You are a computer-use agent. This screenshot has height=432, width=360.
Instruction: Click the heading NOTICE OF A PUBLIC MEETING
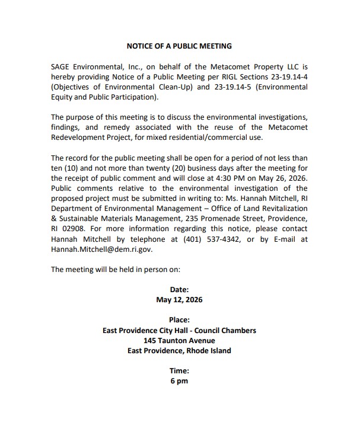coord(179,46)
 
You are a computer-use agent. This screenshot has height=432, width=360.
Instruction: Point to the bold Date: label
coord(179,290)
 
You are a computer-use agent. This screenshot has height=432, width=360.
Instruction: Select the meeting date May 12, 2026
coord(179,300)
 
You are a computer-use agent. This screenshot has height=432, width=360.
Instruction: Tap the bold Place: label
coord(179,320)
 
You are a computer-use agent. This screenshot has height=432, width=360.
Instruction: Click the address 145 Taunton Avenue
coord(179,341)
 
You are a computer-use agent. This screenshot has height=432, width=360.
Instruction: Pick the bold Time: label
coord(179,371)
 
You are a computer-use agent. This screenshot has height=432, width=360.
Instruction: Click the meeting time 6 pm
coord(179,381)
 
